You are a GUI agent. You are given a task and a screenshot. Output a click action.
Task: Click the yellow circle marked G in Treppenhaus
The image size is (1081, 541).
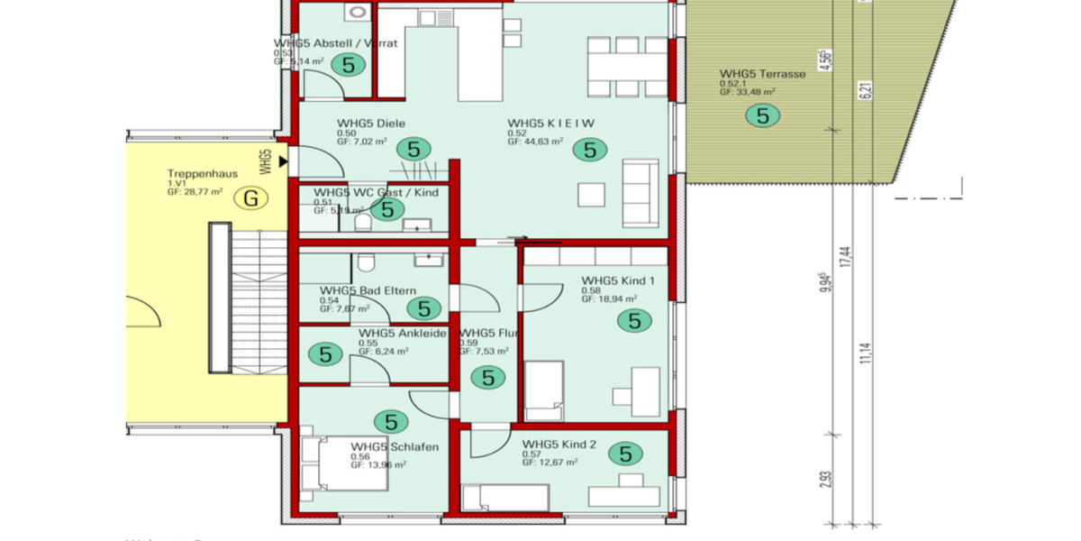click(x=251, y=198)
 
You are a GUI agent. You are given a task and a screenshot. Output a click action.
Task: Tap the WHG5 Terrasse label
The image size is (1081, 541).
click(x=762, y=74)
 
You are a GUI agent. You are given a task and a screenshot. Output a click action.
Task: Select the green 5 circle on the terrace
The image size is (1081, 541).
click(x=763, y=115)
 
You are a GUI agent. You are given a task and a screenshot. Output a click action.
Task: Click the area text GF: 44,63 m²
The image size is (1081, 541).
click(x=535, y=142)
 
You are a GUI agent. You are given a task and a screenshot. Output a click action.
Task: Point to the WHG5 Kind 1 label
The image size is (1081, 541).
click(x=618, y=280)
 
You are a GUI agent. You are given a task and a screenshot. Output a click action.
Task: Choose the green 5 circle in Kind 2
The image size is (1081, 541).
click(x=625, y=454)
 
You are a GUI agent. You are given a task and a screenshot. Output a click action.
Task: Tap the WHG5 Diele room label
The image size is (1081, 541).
click(x=371, y=124)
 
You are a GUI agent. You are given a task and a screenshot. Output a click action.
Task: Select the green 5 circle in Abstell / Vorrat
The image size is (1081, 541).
click(x=348, y=64)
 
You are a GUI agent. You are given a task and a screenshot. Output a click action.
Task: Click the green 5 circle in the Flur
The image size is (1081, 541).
click(x=488, y=378)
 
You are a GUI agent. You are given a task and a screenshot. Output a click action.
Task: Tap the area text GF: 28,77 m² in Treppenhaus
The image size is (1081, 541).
click(x=195, y=192)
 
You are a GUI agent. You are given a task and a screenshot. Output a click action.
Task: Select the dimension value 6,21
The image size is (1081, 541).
click(x=867, y=90)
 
